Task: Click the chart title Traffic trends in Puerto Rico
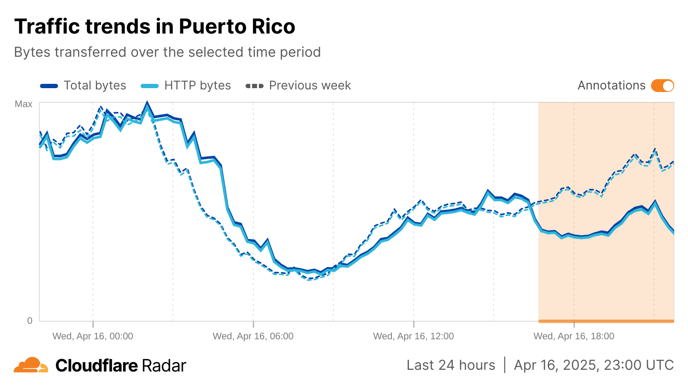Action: tap(155, 27)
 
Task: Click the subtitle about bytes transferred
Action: tap(167, 52)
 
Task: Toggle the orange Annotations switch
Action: tap(662, 86)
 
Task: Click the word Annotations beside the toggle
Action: tap(611, 86)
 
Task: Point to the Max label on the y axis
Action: tap(24, 104)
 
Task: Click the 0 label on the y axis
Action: tap(30, 320)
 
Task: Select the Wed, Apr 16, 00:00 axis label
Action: tap(93, 336)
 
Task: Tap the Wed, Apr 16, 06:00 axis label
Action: tap(253, 336)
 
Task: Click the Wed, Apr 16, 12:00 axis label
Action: tap(414, 336)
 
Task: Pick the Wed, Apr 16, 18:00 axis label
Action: tap(574, 336)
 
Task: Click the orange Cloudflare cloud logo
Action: tap(31, 365)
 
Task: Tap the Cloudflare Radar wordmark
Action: tap(121, 366)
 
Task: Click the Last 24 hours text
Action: tap(451, 365)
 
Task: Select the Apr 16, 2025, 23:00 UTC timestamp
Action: tap(594, 365)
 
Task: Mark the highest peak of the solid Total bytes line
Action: tap(147, 103)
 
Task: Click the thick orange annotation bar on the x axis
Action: tap(606, 321)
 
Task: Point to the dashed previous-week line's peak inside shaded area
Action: tap(655, 149)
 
